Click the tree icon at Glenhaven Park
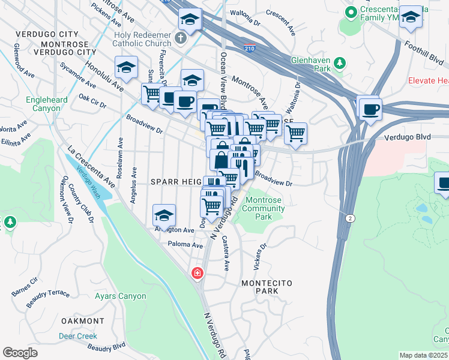[340, 63]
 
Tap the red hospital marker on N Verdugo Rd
[196, 274]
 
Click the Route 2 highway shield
[349, 218]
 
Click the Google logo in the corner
[20, 353]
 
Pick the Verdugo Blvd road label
[410, 137]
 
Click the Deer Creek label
[78, 336]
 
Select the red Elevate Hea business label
[427, 80]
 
